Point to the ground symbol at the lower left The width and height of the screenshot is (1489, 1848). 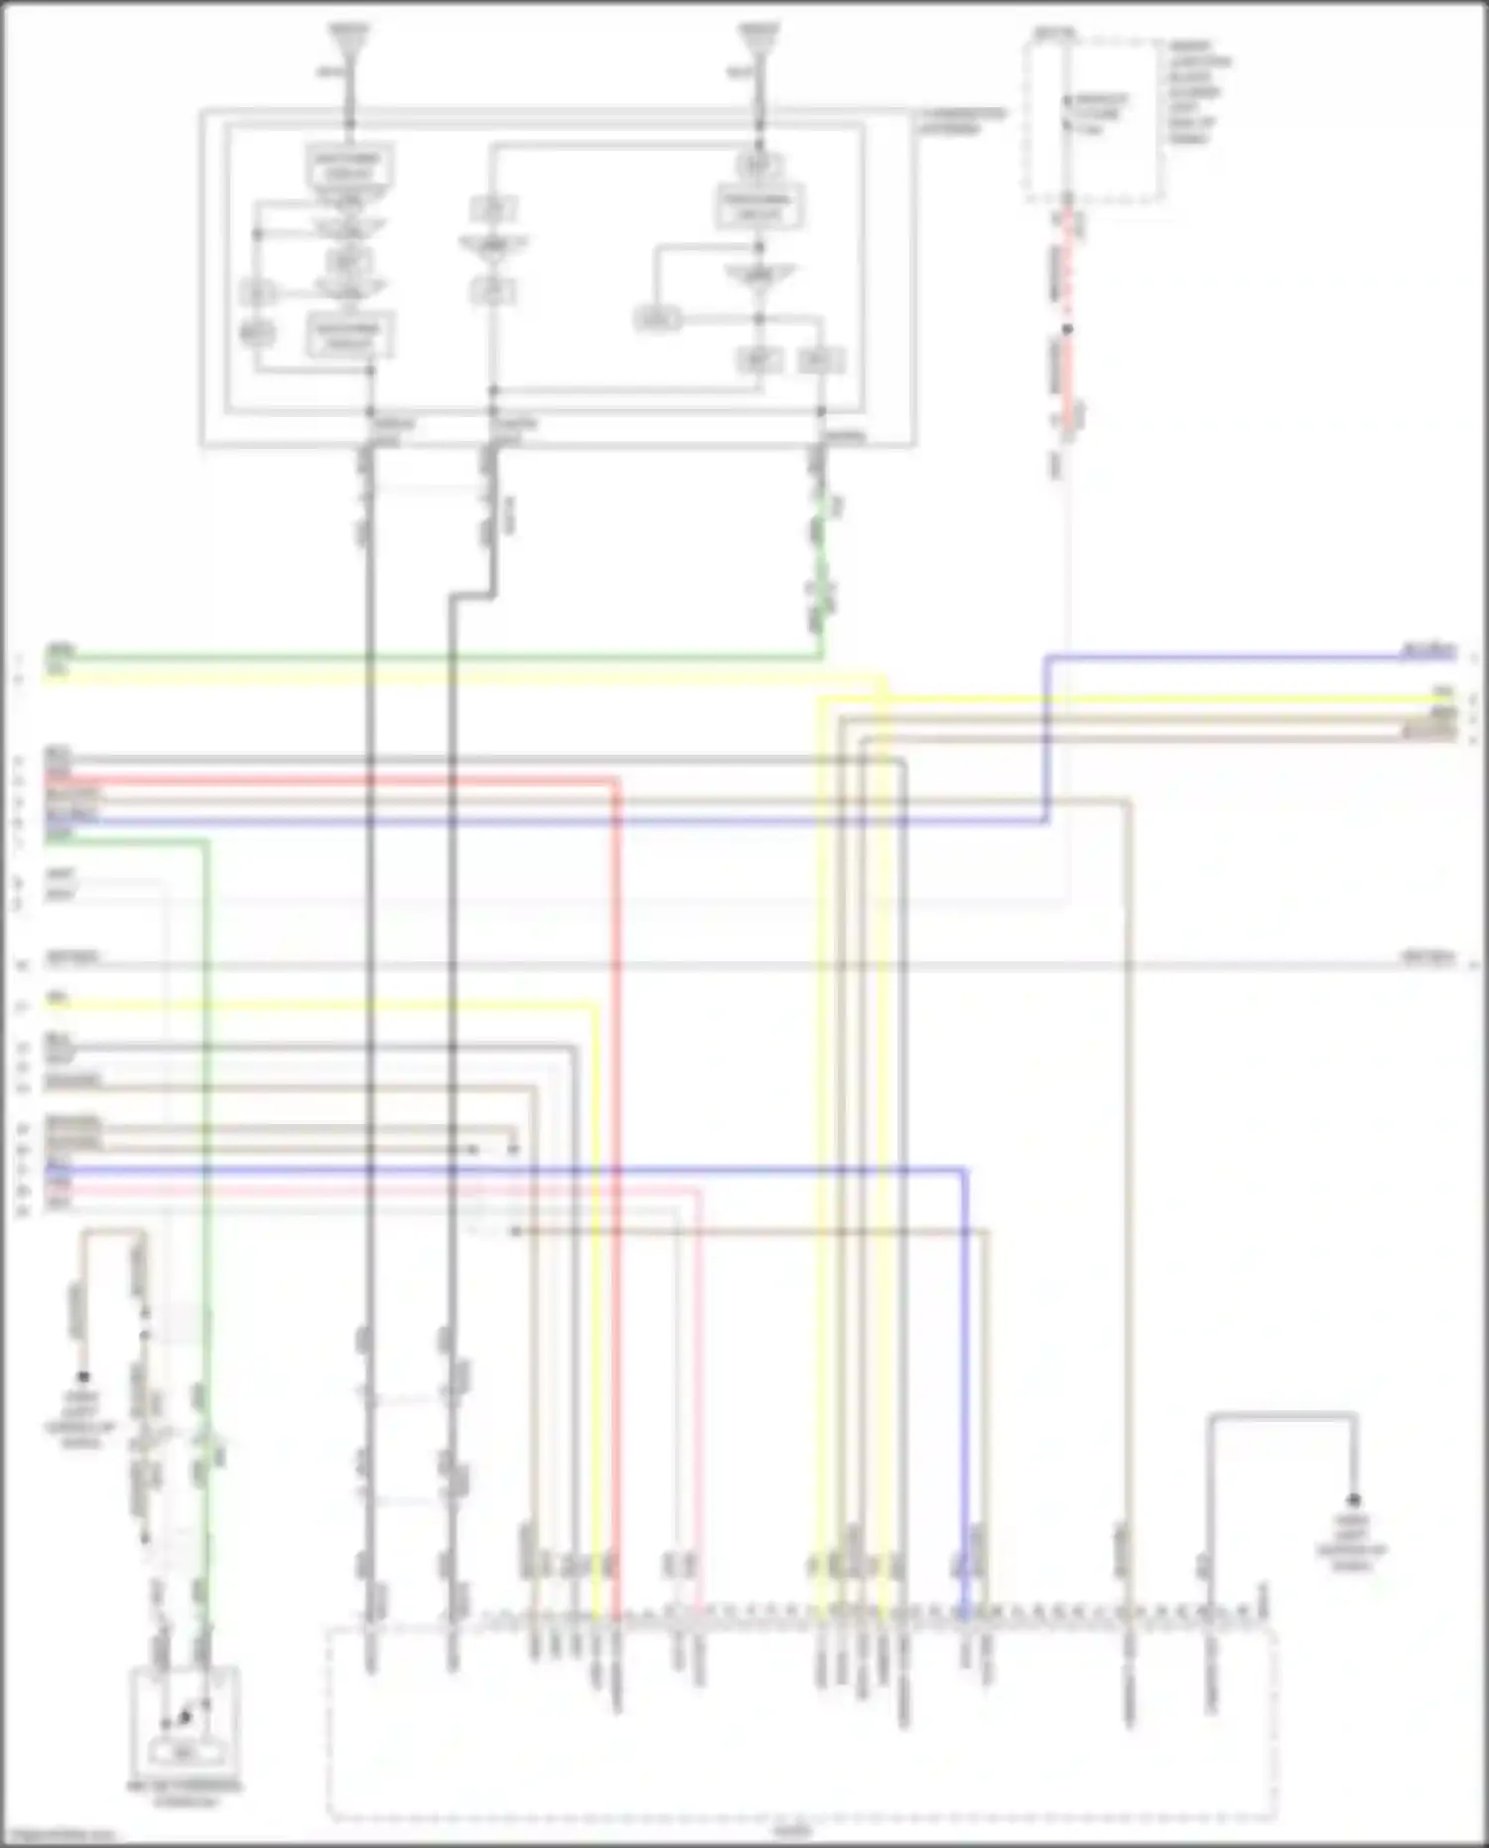pos(83,1377)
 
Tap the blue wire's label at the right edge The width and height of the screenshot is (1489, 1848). pos(1428,652)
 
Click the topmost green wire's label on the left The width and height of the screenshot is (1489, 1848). pos(60,651)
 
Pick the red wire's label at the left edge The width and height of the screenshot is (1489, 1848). pos(59,775)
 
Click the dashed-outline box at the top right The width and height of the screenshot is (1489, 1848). pos(1094,119)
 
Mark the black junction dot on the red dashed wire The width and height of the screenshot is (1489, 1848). pos(1068,329)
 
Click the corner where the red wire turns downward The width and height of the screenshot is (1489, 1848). pos(615,784)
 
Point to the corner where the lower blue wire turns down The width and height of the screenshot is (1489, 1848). pos(964,1172)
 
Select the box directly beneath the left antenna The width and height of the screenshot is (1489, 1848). pos(349,166)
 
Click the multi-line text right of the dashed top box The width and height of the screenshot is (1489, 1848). pos(1199,92)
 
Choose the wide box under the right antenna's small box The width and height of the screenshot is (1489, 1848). pos(759,207)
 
